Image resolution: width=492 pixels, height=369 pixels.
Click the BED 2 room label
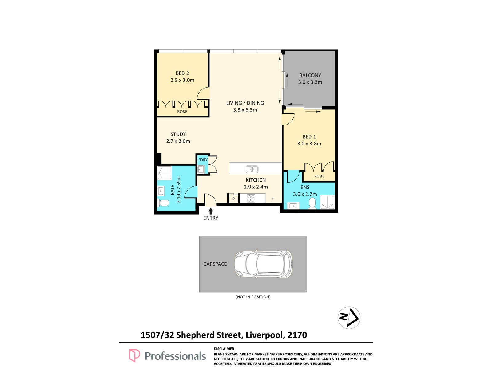[182, 73]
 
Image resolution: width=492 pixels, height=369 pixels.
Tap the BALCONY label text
[310, 75]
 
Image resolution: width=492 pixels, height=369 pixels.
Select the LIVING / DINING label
[245, 103]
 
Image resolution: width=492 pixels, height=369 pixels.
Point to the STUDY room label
[178, 134]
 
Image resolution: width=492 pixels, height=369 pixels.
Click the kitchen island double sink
[252, 169]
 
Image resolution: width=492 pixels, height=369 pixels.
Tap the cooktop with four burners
[251, 198]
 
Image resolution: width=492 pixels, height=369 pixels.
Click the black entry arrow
[210, 211]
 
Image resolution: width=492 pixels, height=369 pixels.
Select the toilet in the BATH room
[163, 203]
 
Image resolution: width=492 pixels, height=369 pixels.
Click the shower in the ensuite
[327, 202]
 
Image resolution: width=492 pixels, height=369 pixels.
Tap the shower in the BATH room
[164, 173]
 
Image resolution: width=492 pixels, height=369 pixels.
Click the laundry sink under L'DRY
[200, 169]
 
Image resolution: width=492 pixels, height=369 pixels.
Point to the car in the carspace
[263, 264]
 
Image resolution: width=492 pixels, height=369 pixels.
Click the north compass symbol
[349, 318]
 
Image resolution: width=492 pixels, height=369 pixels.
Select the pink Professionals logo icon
[134, 355]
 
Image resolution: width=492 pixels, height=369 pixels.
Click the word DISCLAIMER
[224, 349]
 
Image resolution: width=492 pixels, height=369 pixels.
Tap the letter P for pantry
[233, 199]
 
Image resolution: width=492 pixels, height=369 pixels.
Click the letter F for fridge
[272, 198]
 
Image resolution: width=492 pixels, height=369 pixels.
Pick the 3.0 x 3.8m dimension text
[309, 144]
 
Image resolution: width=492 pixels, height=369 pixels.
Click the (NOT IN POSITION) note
[253, 297]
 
